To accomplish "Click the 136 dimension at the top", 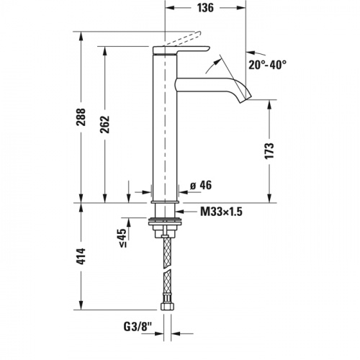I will (205, 9).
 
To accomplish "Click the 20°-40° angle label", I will (268, 64).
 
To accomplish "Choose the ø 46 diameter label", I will (200, 186).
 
